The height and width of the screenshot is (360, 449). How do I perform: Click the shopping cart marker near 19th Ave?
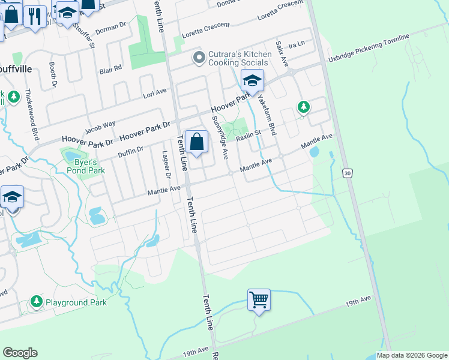259,299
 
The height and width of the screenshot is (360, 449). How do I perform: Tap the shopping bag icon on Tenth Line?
196,142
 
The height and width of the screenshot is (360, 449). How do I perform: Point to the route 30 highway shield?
346,173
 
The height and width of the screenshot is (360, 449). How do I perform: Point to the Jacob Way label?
100,128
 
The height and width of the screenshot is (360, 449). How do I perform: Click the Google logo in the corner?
20,353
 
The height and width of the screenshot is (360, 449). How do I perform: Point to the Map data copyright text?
412,355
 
